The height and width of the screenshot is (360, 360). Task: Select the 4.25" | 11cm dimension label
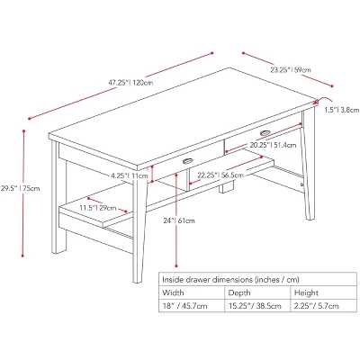click(x=129, y=175)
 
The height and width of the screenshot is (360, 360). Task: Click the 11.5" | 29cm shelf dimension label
click(x=93, y=208)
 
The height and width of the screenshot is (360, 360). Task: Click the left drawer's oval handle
click(x=188, y=161)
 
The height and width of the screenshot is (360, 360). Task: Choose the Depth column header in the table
click(x=238, y=292)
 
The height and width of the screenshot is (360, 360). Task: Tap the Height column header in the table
click(x=305, y=292)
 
